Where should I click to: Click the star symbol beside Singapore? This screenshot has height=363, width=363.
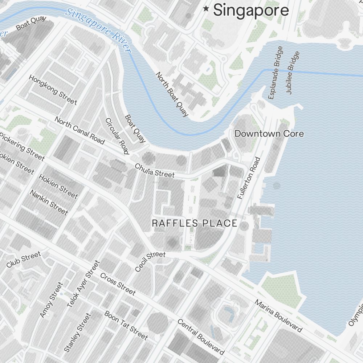pyautogui.click(x=207, y=9)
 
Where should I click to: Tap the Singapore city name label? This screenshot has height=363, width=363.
pyautogui.click(x=251, y=10)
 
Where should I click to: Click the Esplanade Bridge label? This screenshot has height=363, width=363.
pyautogui.click(x=275, y=73)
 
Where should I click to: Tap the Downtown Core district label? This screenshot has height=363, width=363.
pyautogui.click(x=269, y=134)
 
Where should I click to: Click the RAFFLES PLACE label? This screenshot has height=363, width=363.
pyautogui.click(x=195, y=223)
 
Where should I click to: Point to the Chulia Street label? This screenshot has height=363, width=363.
pyautogui.click(x=155, y=170)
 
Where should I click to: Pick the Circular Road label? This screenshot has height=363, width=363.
pyautogui.click(x=117, y=136)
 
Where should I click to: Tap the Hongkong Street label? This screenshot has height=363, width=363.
pyautogui.click(x=53, y=89)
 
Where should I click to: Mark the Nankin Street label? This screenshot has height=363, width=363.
pyautogui.click(x=49, y=202)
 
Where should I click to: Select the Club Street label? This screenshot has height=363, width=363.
pyautogui.click(x=24, y=260)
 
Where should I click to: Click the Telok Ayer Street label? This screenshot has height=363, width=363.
pyautogui.click(x=83, y=284)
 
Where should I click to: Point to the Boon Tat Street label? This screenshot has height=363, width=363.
pyautogui.click(x=126, y=326)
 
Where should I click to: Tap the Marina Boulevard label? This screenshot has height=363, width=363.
pyautogui.click(x=278, y=316)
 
